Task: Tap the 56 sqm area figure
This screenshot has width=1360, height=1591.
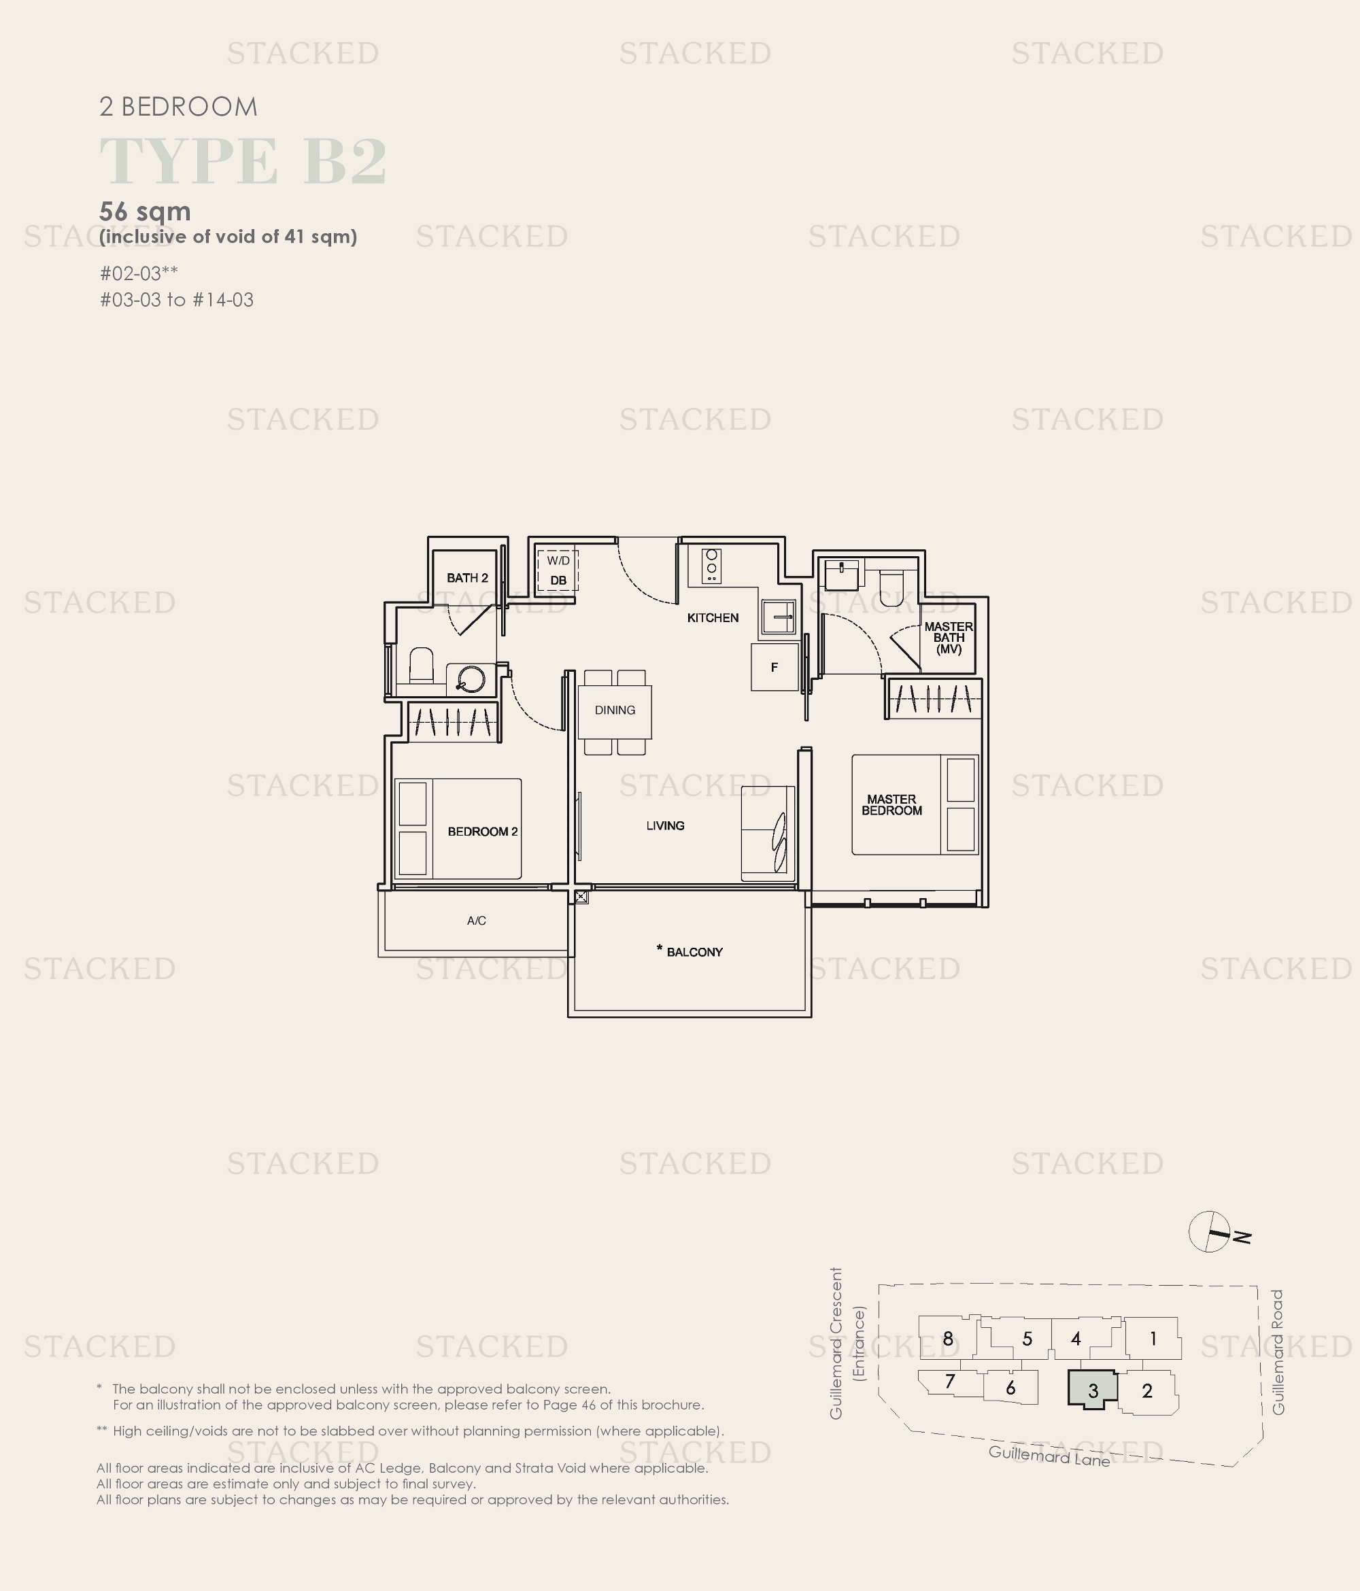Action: point(145,211)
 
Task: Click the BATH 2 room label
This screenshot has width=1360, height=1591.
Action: point(468,577)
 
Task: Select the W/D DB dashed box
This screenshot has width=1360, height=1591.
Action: point(558,570)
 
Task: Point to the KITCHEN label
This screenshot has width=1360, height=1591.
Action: point(713,617)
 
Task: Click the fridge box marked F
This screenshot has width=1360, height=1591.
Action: point(775,666)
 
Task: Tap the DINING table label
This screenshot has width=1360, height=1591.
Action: point(615,711)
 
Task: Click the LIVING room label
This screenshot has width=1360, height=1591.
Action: point(665,825)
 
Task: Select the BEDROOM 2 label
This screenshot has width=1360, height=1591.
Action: point(483,832)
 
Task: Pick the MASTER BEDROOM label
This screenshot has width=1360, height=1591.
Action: point(891,805)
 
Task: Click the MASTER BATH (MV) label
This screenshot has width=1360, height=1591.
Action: point(949,637)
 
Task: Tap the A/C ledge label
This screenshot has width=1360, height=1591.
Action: point(476,921)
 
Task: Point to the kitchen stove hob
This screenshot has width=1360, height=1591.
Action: point(711,565)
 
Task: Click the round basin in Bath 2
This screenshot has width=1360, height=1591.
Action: point(471,679)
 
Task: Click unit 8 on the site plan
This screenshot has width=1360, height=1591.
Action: point(949,1338)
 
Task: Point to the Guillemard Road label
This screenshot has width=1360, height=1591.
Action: point(1278,1352)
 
